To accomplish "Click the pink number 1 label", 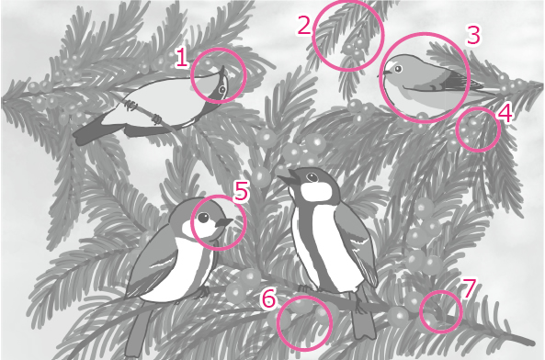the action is pyautogui.click(x=181, y=58).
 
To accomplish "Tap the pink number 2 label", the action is pyautogui.click(x=304, y=26).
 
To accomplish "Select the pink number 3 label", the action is pyautogui.click(x=473, y=35).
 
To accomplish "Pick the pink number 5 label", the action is pyautogui.click(x=241, y=191).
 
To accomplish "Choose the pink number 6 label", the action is pyautogui.click(x=268, y=298).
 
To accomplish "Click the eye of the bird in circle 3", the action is pyautogui.click(x=398, y=69).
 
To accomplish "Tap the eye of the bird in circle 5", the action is pyautogui.click(x=203, y=218).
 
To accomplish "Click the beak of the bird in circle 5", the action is pyautogui.click(x=224, y=222).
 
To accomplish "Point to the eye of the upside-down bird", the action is pyautogui.click(x=222, y=91).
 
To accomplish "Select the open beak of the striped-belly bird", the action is pyautogui.click(x=288, y=177).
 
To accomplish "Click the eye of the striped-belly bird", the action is pyautogui.click(x=313, y=177).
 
